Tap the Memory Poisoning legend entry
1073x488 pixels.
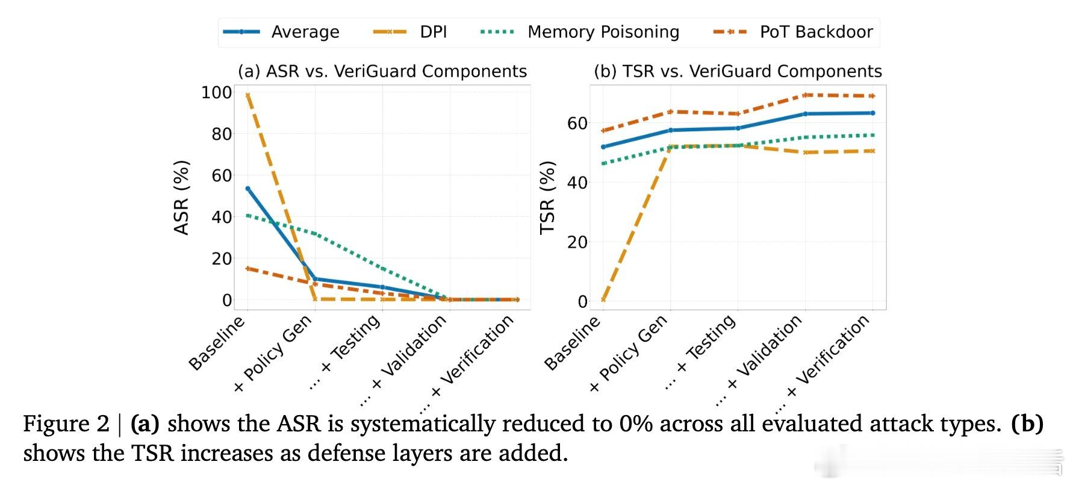click(x=580, y=32)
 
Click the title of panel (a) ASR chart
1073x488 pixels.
click(x=382, y=71)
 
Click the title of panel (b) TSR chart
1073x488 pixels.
click(x=738, y=71)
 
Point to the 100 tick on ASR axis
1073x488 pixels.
click(x=216, y=92)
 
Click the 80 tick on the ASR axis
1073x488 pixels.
click(x=221, y=134)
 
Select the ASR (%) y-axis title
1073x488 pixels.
click(x=181, y=198)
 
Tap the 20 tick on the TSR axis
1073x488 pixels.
click(x=577, y=242)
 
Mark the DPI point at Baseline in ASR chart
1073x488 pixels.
click(x=247, y=95)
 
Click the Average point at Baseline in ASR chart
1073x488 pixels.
click(x=247, y=189)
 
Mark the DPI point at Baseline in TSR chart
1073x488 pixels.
click(x=603, y=299)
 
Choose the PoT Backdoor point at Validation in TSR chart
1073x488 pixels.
click(x=805, y=95)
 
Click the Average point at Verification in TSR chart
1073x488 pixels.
click(x=872, y=113)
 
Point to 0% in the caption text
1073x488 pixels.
click(x=636, y=424)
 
